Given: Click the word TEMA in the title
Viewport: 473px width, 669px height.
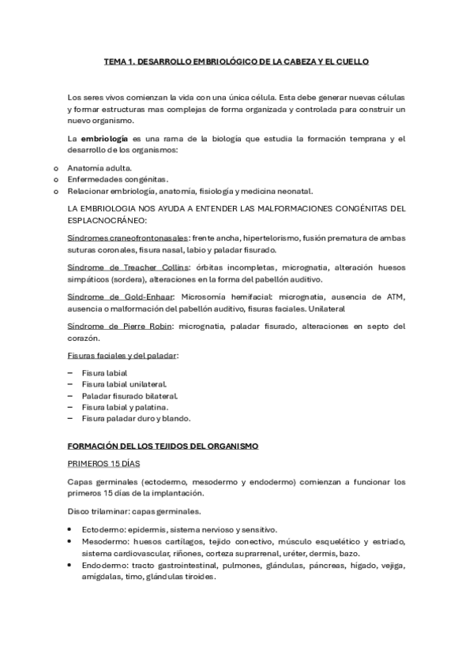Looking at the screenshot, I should (116, 60).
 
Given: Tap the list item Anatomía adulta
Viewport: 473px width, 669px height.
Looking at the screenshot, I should (99, 168).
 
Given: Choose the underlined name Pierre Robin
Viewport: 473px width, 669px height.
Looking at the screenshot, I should (145, 327).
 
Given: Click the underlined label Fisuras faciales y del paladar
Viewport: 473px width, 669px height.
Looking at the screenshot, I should (122, 356).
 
